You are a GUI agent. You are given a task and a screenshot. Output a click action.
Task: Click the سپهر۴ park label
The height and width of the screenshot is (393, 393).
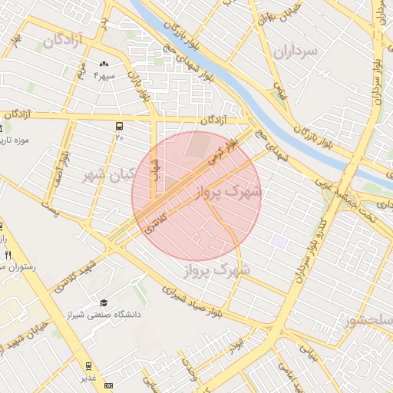click(104, 76)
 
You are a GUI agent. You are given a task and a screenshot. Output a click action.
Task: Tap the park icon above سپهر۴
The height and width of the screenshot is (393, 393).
click(104, 64)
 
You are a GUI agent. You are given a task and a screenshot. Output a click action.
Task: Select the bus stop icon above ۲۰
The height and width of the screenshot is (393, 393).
click(119, 125)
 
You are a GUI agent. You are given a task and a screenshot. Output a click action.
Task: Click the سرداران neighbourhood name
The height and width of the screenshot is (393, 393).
click(294, 51)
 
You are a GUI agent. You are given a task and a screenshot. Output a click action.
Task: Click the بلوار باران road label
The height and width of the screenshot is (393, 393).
click(138, 85)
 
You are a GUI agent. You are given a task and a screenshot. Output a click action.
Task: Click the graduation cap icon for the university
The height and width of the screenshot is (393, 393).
click(104, 302)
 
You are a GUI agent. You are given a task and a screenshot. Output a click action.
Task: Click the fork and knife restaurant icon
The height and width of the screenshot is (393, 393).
click(7, 255)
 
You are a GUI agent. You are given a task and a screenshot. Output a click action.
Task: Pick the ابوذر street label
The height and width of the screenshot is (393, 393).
click(238, 335)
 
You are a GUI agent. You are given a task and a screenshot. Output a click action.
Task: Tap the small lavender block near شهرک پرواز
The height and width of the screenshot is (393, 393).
click(279, 242)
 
